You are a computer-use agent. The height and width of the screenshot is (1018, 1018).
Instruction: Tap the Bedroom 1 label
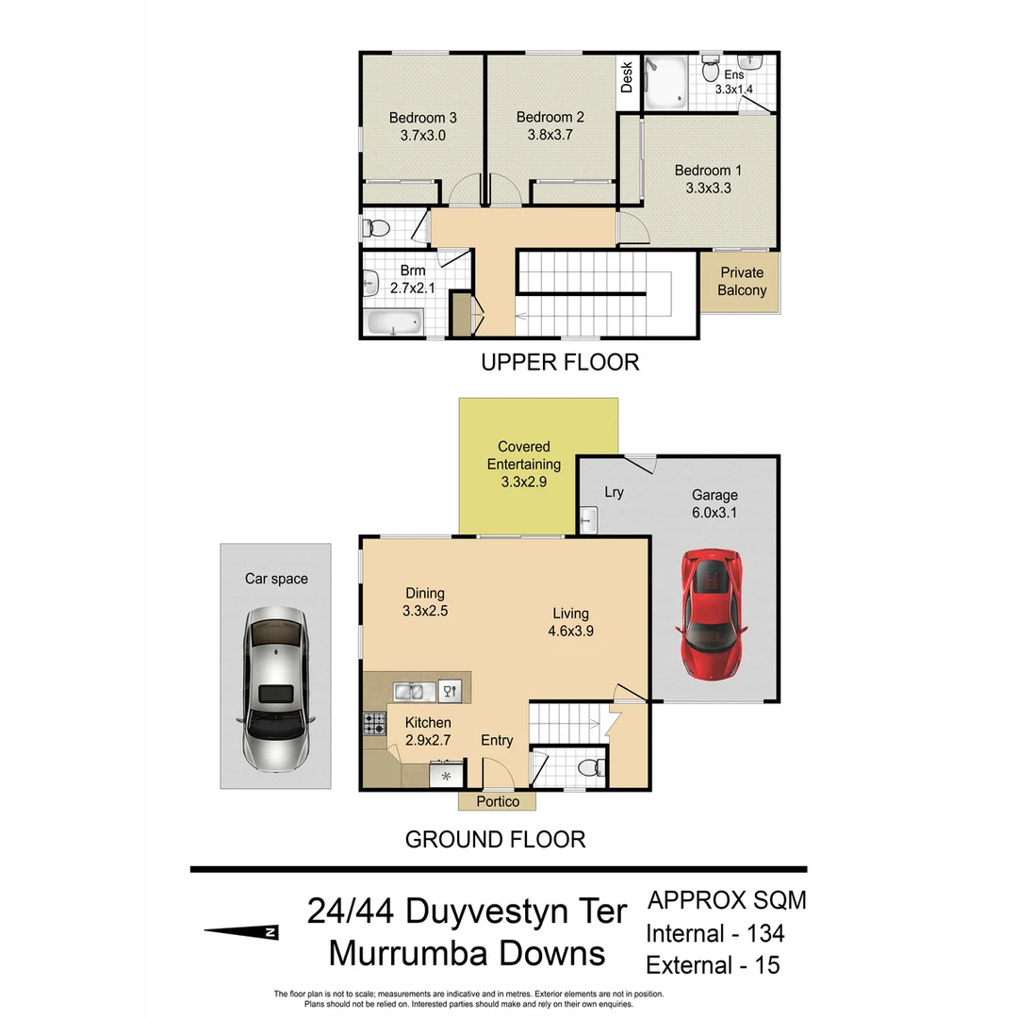[x=708, y=171]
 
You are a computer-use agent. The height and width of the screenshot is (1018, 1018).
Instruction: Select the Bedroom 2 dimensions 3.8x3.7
[x=550, y=135]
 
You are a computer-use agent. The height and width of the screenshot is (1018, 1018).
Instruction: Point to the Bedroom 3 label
[x=423, y=118]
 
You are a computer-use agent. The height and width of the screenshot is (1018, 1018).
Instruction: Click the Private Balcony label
[x=742, y=281]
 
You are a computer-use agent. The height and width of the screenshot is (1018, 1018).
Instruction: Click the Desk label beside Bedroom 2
[x=627, y=77]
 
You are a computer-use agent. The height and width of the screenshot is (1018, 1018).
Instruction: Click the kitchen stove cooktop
[x=374, y=724]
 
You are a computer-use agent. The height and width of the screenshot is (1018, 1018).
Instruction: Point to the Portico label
[x=498, y=801]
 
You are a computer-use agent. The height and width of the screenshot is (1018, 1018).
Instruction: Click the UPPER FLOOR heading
[x=560, y=362]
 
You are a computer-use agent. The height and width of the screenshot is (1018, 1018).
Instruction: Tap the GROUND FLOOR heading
[x=495, y=839]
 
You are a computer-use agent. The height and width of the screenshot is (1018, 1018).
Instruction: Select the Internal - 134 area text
[x=714, y=933]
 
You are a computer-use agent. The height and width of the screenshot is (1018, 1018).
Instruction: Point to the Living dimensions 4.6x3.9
[x=571, y=632]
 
